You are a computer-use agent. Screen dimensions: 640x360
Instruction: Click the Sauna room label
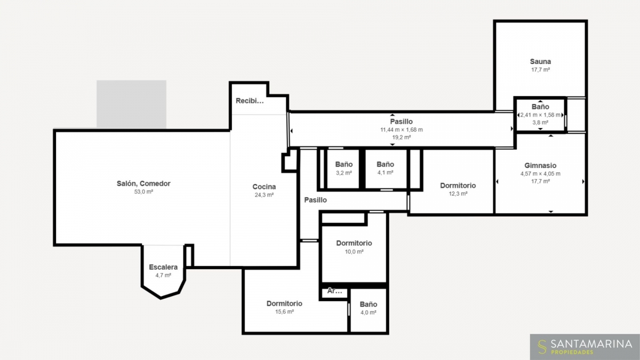[x=540, y=61]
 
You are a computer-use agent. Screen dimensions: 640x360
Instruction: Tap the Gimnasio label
[x=540, y=165]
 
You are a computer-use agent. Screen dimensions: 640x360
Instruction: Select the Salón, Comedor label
[x=143, y=183]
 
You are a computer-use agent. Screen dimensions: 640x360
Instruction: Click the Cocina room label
[x=264, y=187]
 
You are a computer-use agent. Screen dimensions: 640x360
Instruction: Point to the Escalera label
[x=163, y=267]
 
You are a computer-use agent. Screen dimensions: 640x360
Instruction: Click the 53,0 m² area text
[x=143, y=191]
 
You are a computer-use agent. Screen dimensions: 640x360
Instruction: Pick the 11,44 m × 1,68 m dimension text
[x=402, y=130]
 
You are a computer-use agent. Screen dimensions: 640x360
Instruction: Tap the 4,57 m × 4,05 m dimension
[x=540, y=174]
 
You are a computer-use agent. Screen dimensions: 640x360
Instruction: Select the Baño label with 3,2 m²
[x=343, y=164]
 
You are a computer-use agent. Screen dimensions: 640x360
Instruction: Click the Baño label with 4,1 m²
[x=385, y=164]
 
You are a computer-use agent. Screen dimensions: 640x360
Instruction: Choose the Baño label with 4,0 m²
[x=369, y=305]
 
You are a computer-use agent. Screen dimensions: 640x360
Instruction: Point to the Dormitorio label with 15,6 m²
[x=284, y=303]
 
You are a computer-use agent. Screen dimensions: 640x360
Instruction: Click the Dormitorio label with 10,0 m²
[x=354, y=243]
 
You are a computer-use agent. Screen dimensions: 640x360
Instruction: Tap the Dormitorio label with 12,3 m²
[x=458, y=186]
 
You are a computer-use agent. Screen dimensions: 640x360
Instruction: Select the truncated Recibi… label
[x=250, y=101]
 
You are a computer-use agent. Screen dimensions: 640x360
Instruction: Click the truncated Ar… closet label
[x=334, y=291]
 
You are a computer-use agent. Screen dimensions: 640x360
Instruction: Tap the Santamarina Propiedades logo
[x=585, y=347]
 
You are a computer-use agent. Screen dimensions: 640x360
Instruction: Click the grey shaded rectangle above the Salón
[x=131, y=105]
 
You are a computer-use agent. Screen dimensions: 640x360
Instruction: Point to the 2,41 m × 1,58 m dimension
[x=540, y=115]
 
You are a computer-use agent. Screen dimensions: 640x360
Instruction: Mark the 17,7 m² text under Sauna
[x=541, y=70]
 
